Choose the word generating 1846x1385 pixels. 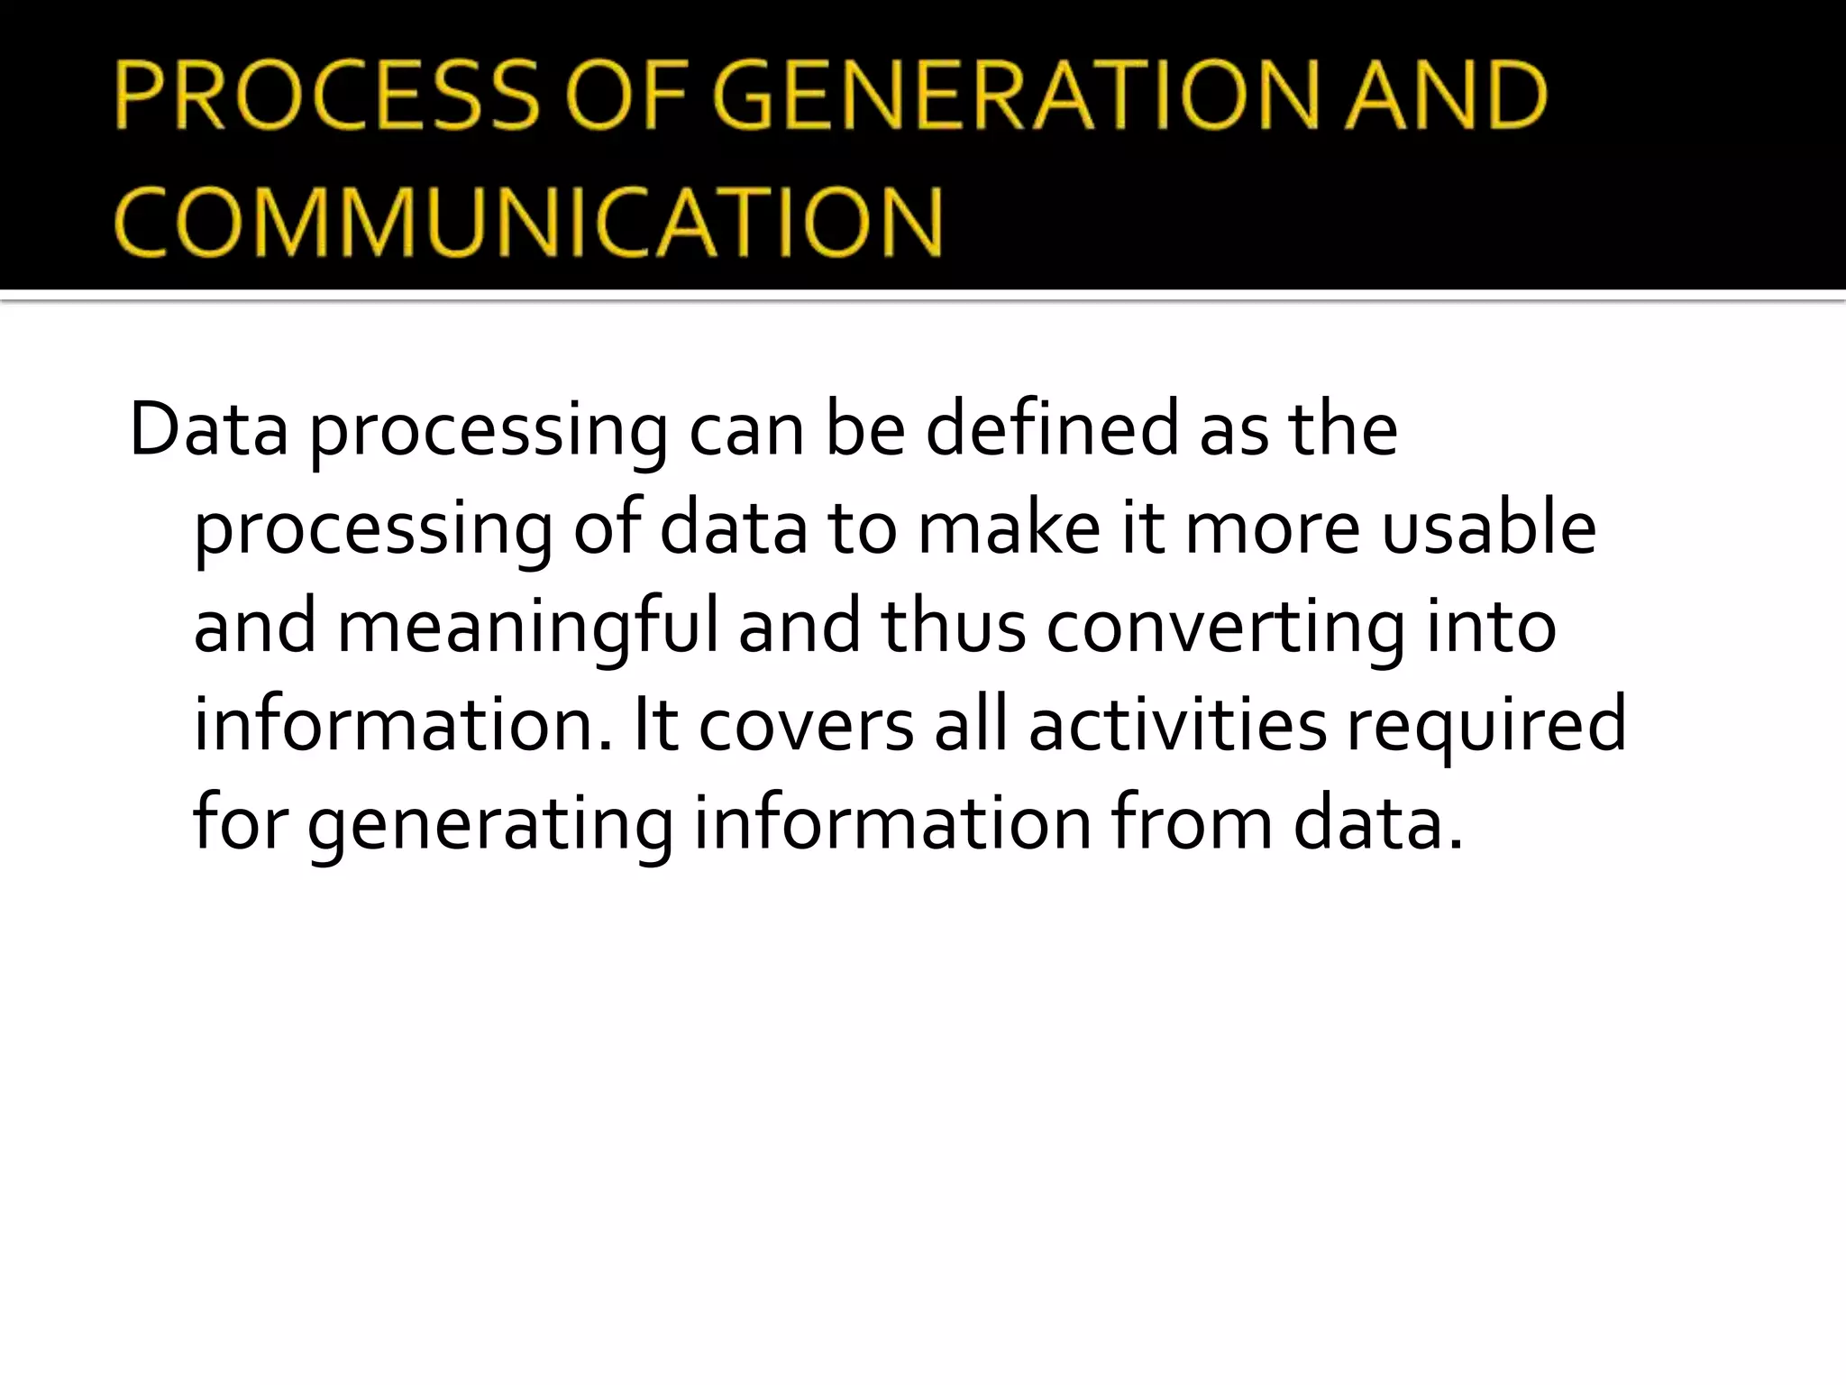coord(490,823)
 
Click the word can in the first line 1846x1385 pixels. coord(746,429)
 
